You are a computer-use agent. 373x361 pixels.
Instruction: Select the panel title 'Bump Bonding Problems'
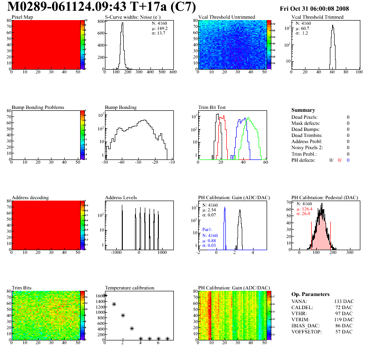[38, 108]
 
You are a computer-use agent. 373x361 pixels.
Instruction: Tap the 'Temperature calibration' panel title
[130, 288]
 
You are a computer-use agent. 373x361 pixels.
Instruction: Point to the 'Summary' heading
[303, 110]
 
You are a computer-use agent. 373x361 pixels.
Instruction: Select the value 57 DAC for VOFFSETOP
[343, 332]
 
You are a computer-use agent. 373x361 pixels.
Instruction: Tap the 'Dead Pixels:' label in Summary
[304, 117]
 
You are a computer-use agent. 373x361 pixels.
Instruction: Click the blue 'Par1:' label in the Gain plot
[208, 230]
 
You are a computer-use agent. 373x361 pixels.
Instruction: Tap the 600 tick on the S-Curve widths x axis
[172, 72]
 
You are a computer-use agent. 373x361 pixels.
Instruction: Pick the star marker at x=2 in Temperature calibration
[123, 316]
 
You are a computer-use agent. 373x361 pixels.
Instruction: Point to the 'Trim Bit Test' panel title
[212, 108]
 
